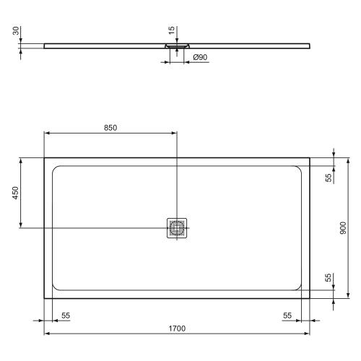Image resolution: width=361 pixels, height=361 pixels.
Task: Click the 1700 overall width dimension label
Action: [178, 329]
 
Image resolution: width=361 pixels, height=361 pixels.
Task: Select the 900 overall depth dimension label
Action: [344, 228]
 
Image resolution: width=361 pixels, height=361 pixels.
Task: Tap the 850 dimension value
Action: [110, 127]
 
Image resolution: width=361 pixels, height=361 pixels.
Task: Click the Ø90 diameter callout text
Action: [200, 57]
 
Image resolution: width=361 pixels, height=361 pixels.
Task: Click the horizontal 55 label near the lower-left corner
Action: [66, 316]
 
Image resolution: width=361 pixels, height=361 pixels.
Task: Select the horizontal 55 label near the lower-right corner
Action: [288, 316]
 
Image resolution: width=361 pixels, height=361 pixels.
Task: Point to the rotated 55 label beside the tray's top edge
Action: [329, 178]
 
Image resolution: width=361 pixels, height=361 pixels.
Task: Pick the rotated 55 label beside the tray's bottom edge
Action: [329, 278]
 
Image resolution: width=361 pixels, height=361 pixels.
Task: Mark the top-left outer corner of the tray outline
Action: [45, 158]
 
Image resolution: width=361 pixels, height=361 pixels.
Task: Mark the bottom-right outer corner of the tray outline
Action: [311, 299]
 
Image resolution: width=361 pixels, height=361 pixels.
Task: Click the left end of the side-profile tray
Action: [45, 45]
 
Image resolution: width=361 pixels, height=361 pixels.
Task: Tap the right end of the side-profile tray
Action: [310, 45]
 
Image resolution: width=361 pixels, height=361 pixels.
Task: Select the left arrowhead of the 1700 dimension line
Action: [47, 334]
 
